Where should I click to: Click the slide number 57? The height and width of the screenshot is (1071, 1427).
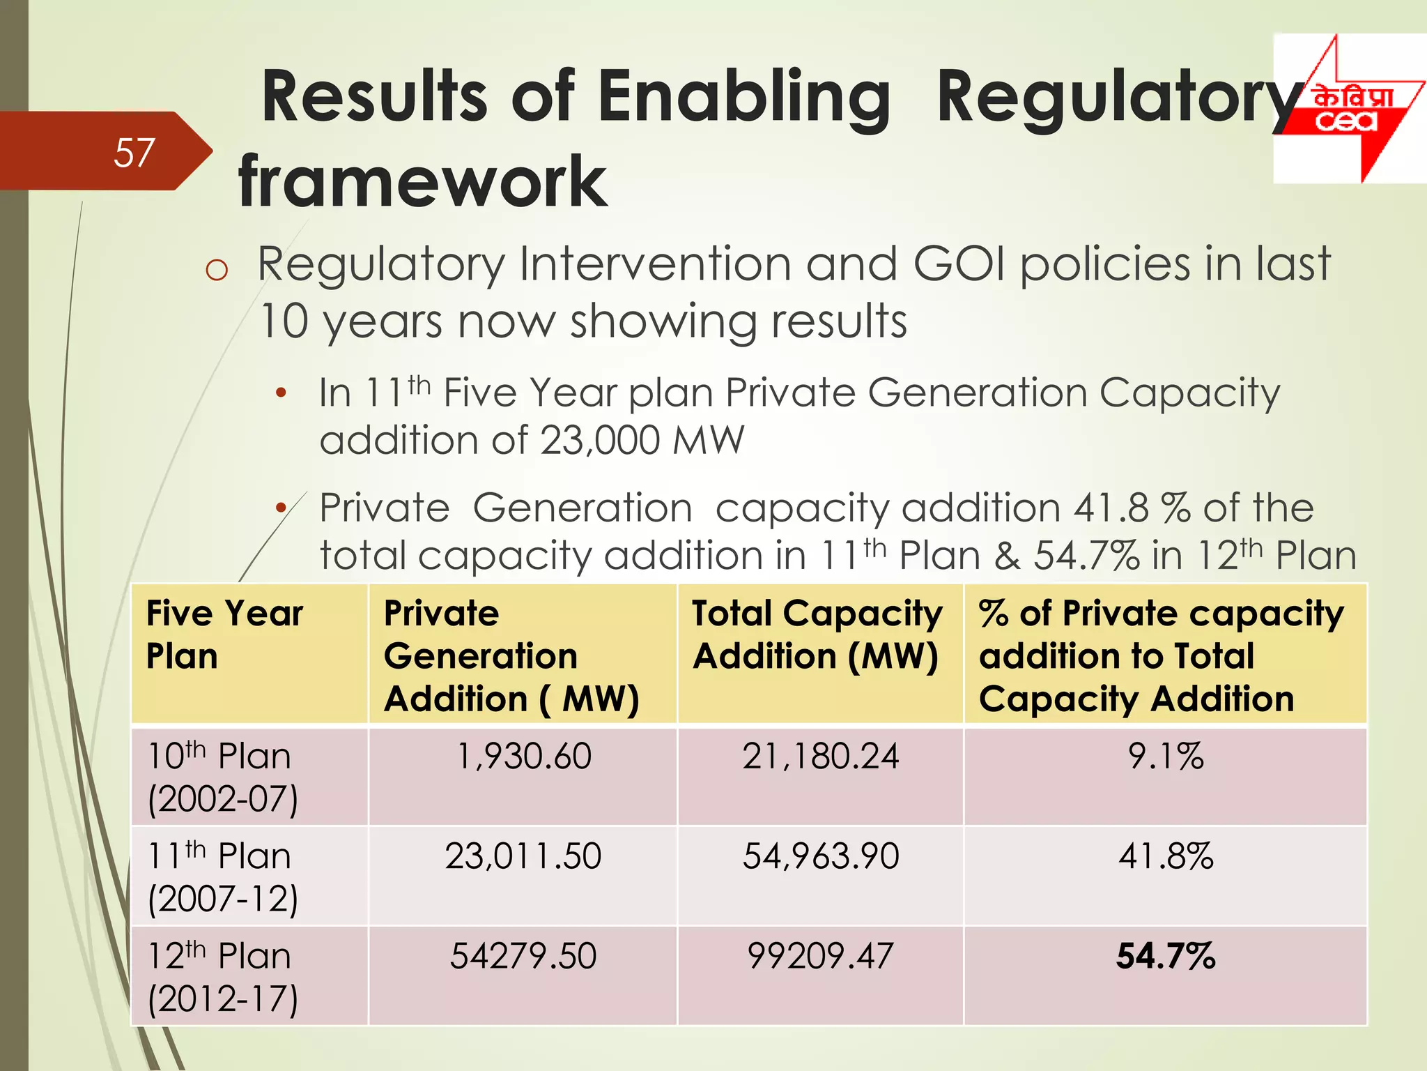pyautogui.click(x=134, y=153)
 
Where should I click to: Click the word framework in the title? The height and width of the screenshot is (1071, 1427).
pyautogui.click(x=422, y=182)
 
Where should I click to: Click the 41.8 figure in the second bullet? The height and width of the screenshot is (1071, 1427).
pyautogui.click(x=1111, y=508)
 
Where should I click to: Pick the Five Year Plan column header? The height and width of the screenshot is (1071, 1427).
pyautogui.click(x=224, y=635)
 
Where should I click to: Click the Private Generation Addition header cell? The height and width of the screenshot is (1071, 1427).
pyautogui.click(x=511, y=655)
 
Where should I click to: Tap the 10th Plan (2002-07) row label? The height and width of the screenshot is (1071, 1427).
pyautogui.click(x=222, y=777)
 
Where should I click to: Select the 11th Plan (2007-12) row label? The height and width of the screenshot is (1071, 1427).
pyautogui.click(x=222, y=876)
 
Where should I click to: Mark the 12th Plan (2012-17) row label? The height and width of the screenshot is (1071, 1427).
pyautogui.click(x=222, y=976)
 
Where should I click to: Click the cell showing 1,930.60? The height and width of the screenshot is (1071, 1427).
pyautogui.click(x=523, y=757)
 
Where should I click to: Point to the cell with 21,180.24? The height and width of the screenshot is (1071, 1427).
pyautogui.click(x=820, y=757)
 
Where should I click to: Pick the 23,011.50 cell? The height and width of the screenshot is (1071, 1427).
pyautogui.click(x=523, y=856)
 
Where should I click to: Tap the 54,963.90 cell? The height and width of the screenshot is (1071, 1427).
pyautogui.click(x=820, y=856)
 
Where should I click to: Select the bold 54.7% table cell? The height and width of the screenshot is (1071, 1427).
pyautogui.click(x=1165, y=956)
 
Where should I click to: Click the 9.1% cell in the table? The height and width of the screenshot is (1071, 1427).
pyautogui.click(x=1165, y=757)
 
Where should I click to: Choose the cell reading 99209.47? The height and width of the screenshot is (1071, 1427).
pyautogui.click(x=820, y=956)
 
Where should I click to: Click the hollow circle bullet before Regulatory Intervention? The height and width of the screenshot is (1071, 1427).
pyautogui.click(x=217, y=270)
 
